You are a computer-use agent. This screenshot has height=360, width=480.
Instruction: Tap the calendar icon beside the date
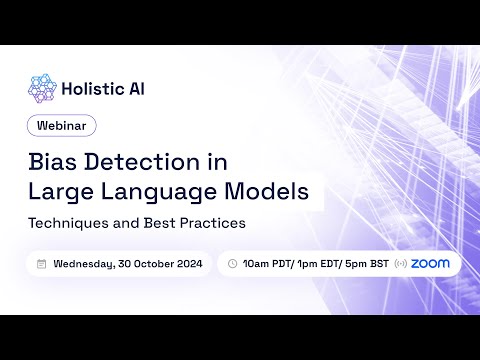[41, 264]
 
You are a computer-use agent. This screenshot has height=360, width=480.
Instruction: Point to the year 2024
[188, 264]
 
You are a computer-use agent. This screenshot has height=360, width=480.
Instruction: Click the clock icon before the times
[232, 264]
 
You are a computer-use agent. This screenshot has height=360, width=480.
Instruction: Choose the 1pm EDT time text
[314, 264]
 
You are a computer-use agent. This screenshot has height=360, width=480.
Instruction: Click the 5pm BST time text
[362, 264]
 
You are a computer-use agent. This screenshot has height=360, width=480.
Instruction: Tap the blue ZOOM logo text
[430, 264]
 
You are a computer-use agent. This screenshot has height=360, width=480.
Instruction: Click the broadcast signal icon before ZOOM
[401, 264]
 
